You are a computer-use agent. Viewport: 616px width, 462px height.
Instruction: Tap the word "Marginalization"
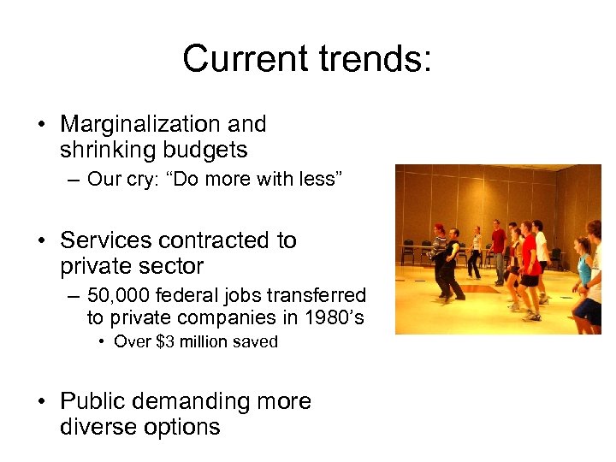coord(138,124)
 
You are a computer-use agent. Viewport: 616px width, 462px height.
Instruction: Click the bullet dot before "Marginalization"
coord(42,125)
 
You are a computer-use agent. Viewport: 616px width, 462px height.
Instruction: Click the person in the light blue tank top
coord(584,274)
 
